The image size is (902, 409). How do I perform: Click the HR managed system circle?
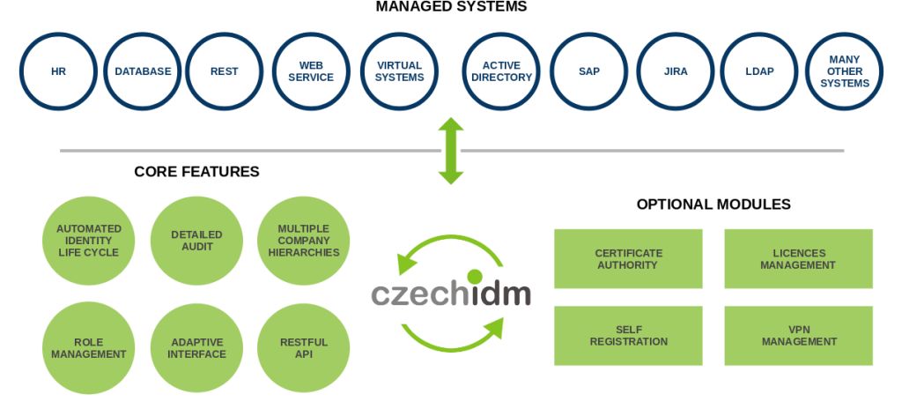[x=58, y=71]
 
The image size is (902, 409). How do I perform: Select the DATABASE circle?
[x=143, y=71]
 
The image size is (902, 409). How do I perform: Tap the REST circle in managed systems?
[x=225, y=71]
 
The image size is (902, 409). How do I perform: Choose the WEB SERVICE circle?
[x=316, y=71]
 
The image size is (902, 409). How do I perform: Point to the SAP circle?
[x=589, y=71]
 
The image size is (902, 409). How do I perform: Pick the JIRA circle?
[x=676, y=71]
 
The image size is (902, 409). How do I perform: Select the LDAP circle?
[x=759, y=71]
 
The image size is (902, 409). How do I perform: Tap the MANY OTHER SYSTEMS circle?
[x=844, y=71]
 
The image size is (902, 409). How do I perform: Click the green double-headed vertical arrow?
[x=451, y=151]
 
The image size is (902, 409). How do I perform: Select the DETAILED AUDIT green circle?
[x=197, y=241]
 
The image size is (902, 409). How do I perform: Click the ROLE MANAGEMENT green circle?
[x=89, y=347]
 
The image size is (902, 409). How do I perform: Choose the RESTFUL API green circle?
[x=304, y=347]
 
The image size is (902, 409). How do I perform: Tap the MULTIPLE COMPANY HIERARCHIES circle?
[x=304, y=241]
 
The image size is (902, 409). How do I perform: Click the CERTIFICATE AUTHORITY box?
[x=627, y=259]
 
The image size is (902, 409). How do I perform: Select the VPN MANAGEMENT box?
[x=798, y=335]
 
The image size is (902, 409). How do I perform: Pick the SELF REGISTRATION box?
[x=627, y=335]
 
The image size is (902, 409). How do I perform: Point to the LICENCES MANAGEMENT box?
[x=798, y=259]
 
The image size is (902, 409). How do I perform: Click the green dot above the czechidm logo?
[x=475, y=277]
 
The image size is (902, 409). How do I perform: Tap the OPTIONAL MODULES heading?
[x=713, y=204]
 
